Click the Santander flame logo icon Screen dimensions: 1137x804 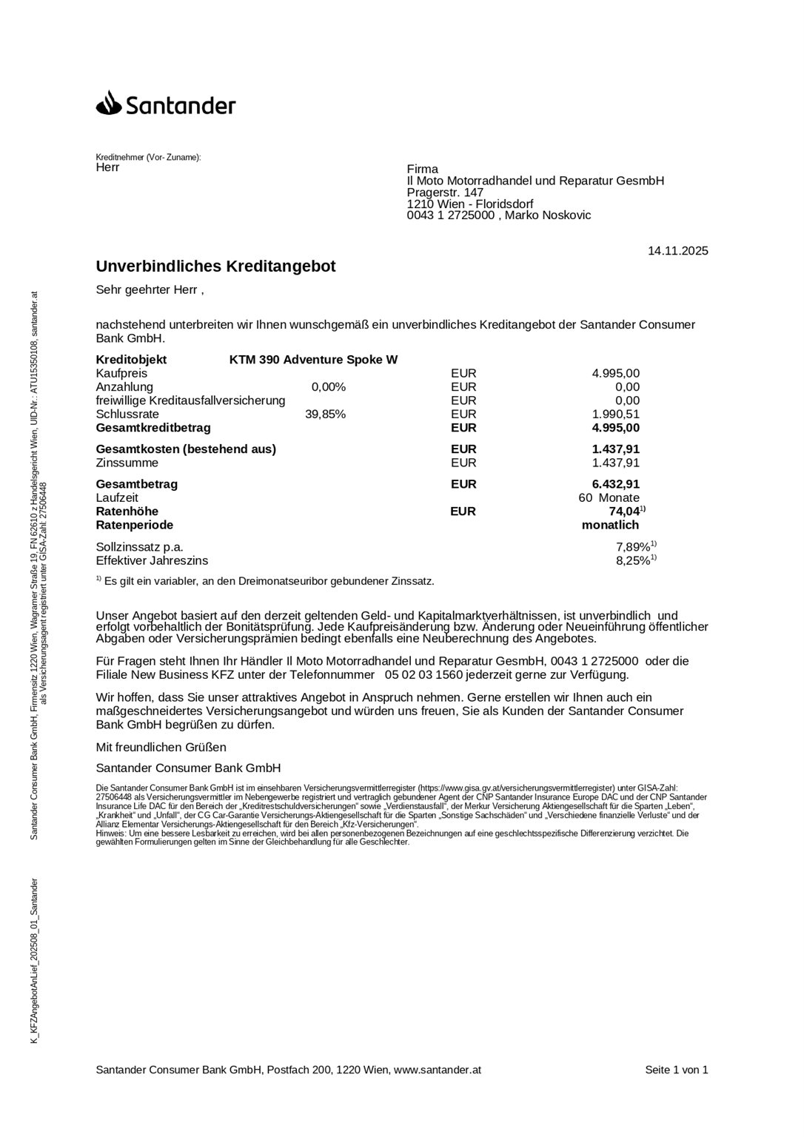(x=108, y=103)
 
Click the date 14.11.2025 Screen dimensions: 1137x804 (x=677, y=251)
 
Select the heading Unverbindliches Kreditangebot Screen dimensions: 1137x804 (x=215, y=266)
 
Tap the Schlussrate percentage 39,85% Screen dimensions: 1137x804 (x=325, y=415)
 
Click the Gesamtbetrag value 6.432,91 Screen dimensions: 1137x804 (x=615, y=484)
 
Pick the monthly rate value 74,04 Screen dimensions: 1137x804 (x=623, y=512)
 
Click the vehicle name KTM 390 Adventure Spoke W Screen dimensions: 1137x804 (x=313, y=360)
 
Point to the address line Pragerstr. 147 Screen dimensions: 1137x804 (x=445, y=192)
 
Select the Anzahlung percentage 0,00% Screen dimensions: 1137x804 (x=329, y=387)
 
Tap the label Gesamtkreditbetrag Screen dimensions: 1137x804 (x=153, y=428)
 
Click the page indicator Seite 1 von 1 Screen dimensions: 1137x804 (x=676, y=1070)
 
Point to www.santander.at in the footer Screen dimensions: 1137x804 (x=438, y=1070)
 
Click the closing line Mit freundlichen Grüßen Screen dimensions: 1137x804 (x=161, y=748)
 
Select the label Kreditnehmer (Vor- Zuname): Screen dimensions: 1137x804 (x=148, y=158)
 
